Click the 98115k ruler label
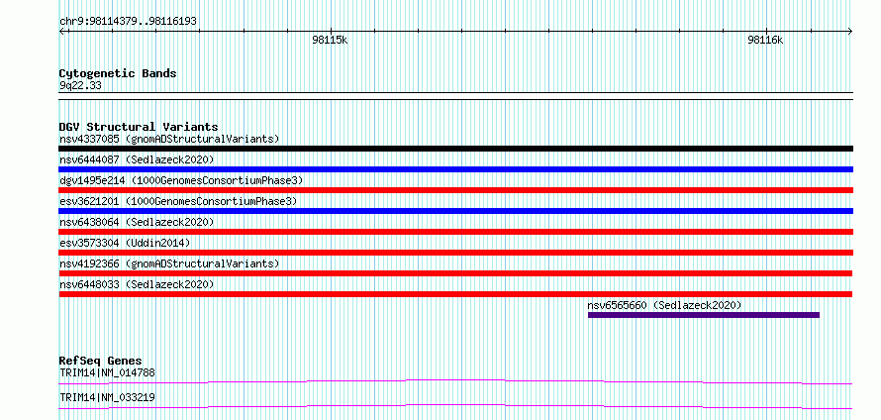(x=330, y=40)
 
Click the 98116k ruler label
(x=765, y=40)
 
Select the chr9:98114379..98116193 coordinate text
(x=128, y=22)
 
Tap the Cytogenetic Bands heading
(x=118, y=73)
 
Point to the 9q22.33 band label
(x=80, y=86)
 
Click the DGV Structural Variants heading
(x=139, y=127)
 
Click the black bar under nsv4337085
(x=455, y=149)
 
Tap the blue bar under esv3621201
(x=455, y=211)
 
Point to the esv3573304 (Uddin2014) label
(x=125, y=243)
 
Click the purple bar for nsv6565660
(x=704, y=315)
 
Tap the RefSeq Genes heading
(x=101, y=361)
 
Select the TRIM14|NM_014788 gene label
(x=107, y=372)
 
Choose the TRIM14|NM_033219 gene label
(x=107, y=397)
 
